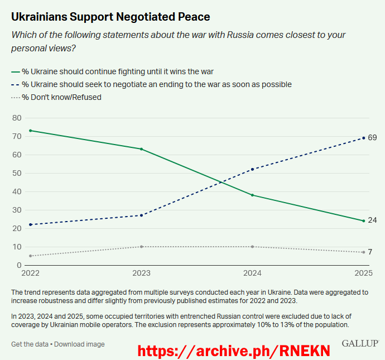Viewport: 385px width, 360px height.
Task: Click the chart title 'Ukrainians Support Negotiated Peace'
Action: coord(110,17)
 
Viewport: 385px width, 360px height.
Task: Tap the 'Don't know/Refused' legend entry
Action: coord(61,97)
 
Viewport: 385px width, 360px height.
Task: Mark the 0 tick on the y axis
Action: coord(18,265)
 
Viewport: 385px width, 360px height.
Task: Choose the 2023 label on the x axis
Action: coord(141,273)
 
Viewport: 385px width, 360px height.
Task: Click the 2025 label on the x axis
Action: coord(363,273)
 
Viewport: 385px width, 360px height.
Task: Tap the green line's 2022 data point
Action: coord(30,131)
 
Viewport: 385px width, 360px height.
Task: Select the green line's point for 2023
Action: coord(141,149)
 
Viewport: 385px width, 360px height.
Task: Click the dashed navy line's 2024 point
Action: coord(253,169)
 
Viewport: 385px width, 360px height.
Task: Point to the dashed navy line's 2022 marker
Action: coord(30,224)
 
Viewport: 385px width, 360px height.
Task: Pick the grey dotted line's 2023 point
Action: coord(141,247)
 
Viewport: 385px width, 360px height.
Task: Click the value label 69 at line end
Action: coord(372,138)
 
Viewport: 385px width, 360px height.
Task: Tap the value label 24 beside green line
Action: coord(372,220)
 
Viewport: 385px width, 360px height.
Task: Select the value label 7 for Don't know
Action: coord(370,252)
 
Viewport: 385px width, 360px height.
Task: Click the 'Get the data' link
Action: coord(30,344)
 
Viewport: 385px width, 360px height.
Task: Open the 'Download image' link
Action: coord(79,344)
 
